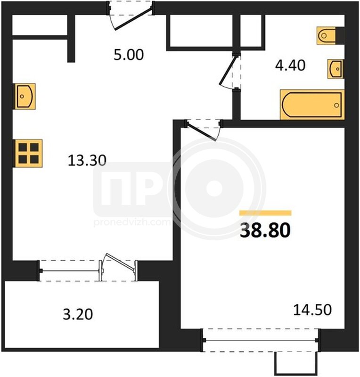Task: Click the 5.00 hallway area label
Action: click(129, 55)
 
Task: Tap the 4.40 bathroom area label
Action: click(290, 65)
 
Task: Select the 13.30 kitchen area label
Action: click(87, 160)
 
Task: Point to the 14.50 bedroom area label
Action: click(312, 310)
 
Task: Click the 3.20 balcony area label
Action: click(78, 314)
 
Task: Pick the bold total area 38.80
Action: click(265, 230)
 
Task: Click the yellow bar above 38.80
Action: click(265, 213)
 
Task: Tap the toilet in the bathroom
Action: click(327, 36)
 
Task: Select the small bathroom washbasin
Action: click(335, 69)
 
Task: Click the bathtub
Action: click(312, 105)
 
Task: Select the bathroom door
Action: click(230, 71)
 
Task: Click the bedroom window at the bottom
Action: click(260, 340)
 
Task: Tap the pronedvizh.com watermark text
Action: click(132, 222)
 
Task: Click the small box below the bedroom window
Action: click(296, 363)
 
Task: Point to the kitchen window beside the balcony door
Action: click(70, 271)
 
